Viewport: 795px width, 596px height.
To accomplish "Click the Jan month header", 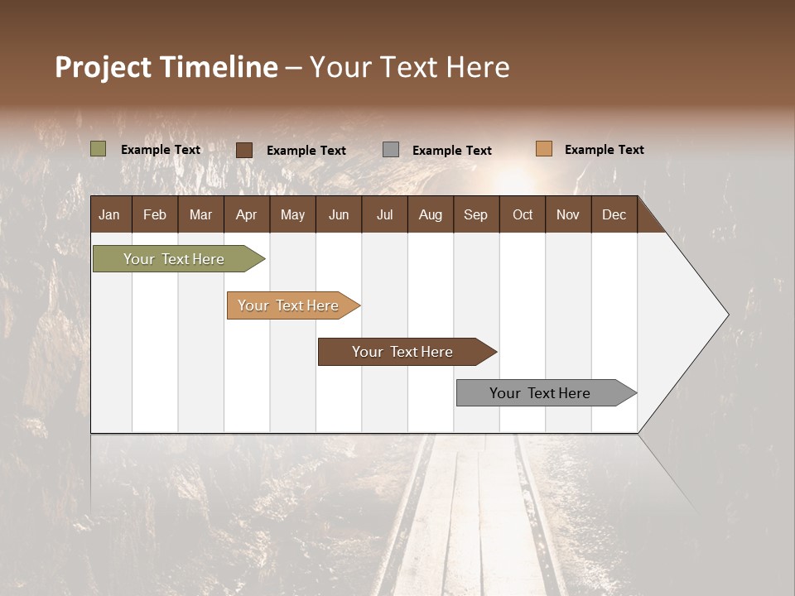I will coord(109,214).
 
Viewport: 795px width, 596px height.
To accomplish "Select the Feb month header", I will coord(155,214).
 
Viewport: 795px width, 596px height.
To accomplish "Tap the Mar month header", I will coord(200,214).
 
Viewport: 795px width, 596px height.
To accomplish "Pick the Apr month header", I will coord(247,214).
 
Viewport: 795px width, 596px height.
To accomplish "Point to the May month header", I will coord(292,214).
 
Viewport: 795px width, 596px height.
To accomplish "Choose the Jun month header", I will coord(339,214).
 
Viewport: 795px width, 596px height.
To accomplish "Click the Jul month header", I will coord(384,214).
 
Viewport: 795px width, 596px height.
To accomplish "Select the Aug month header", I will coord(431,214).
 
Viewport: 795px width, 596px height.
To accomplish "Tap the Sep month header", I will coord(476,214).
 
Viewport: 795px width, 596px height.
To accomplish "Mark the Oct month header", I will coord(523,214).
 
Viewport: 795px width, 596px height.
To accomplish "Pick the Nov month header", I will coord(568,214).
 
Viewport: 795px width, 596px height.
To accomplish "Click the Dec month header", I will coord(614,214).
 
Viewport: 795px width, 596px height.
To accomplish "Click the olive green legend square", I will coord(99,149).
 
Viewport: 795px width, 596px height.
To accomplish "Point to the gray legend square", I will coord(391,149).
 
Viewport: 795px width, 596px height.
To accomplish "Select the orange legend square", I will coord(544,149).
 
